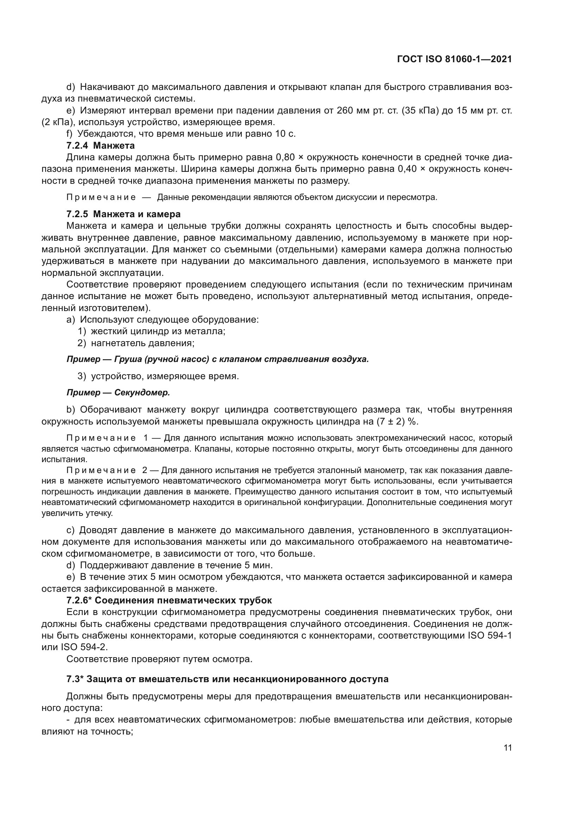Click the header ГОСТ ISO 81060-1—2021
point(454,59)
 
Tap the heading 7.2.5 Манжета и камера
point(124,214)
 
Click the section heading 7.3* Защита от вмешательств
point(227,679)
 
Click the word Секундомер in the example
point(142,393)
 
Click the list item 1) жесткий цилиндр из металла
point(152,331)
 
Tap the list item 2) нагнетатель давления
point(136,343)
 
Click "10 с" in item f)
point(286,134)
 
